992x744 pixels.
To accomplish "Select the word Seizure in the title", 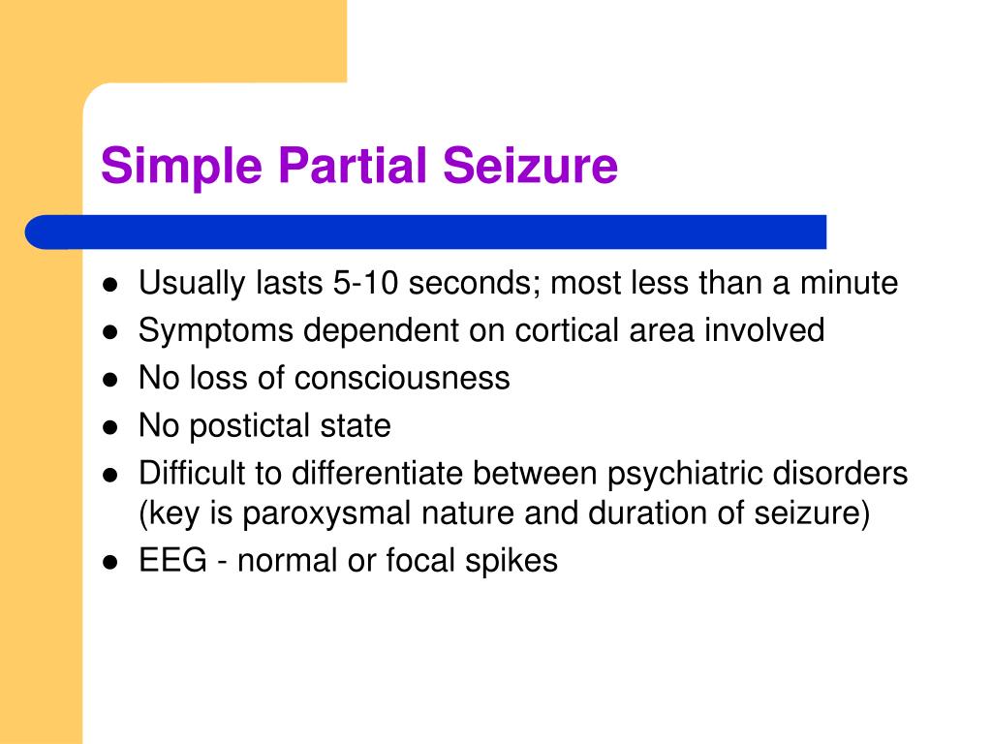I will point(531,165).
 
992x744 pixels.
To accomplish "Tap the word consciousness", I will point(403,378).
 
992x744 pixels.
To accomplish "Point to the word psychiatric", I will point(689,473).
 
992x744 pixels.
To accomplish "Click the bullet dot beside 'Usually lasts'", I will point(111,286).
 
